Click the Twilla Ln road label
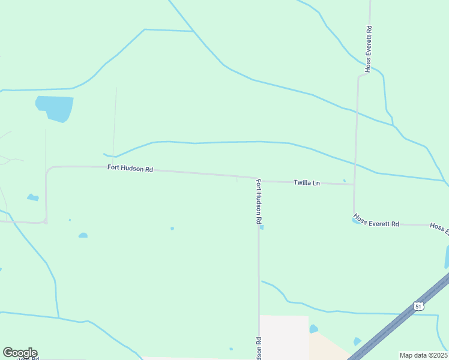click(x=306, y=182)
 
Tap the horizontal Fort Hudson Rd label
click(x=130, y=169)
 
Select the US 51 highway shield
click(x=418, y=306)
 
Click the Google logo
click(x=20, y=353)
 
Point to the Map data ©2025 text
click(x=423, y=355)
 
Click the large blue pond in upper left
click(x=55, y=107)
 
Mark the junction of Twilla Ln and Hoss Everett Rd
click(x=354, y=185)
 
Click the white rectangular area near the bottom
click(x=283, y=336)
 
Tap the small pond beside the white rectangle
click(x=313, y=329)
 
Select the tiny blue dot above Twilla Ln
click(x=344, y=180)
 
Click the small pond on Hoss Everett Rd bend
click(x=355, y=221)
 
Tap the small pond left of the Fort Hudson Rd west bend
click(x=33, y=197)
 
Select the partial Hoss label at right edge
click(x=439, y=228)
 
